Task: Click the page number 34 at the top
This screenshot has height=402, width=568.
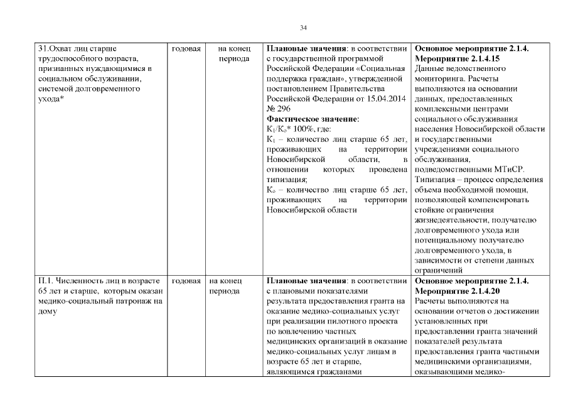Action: coord(303,28)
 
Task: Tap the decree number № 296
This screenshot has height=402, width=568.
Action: coord(279,109)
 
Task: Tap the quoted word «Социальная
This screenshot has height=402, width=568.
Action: coord(384,68)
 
